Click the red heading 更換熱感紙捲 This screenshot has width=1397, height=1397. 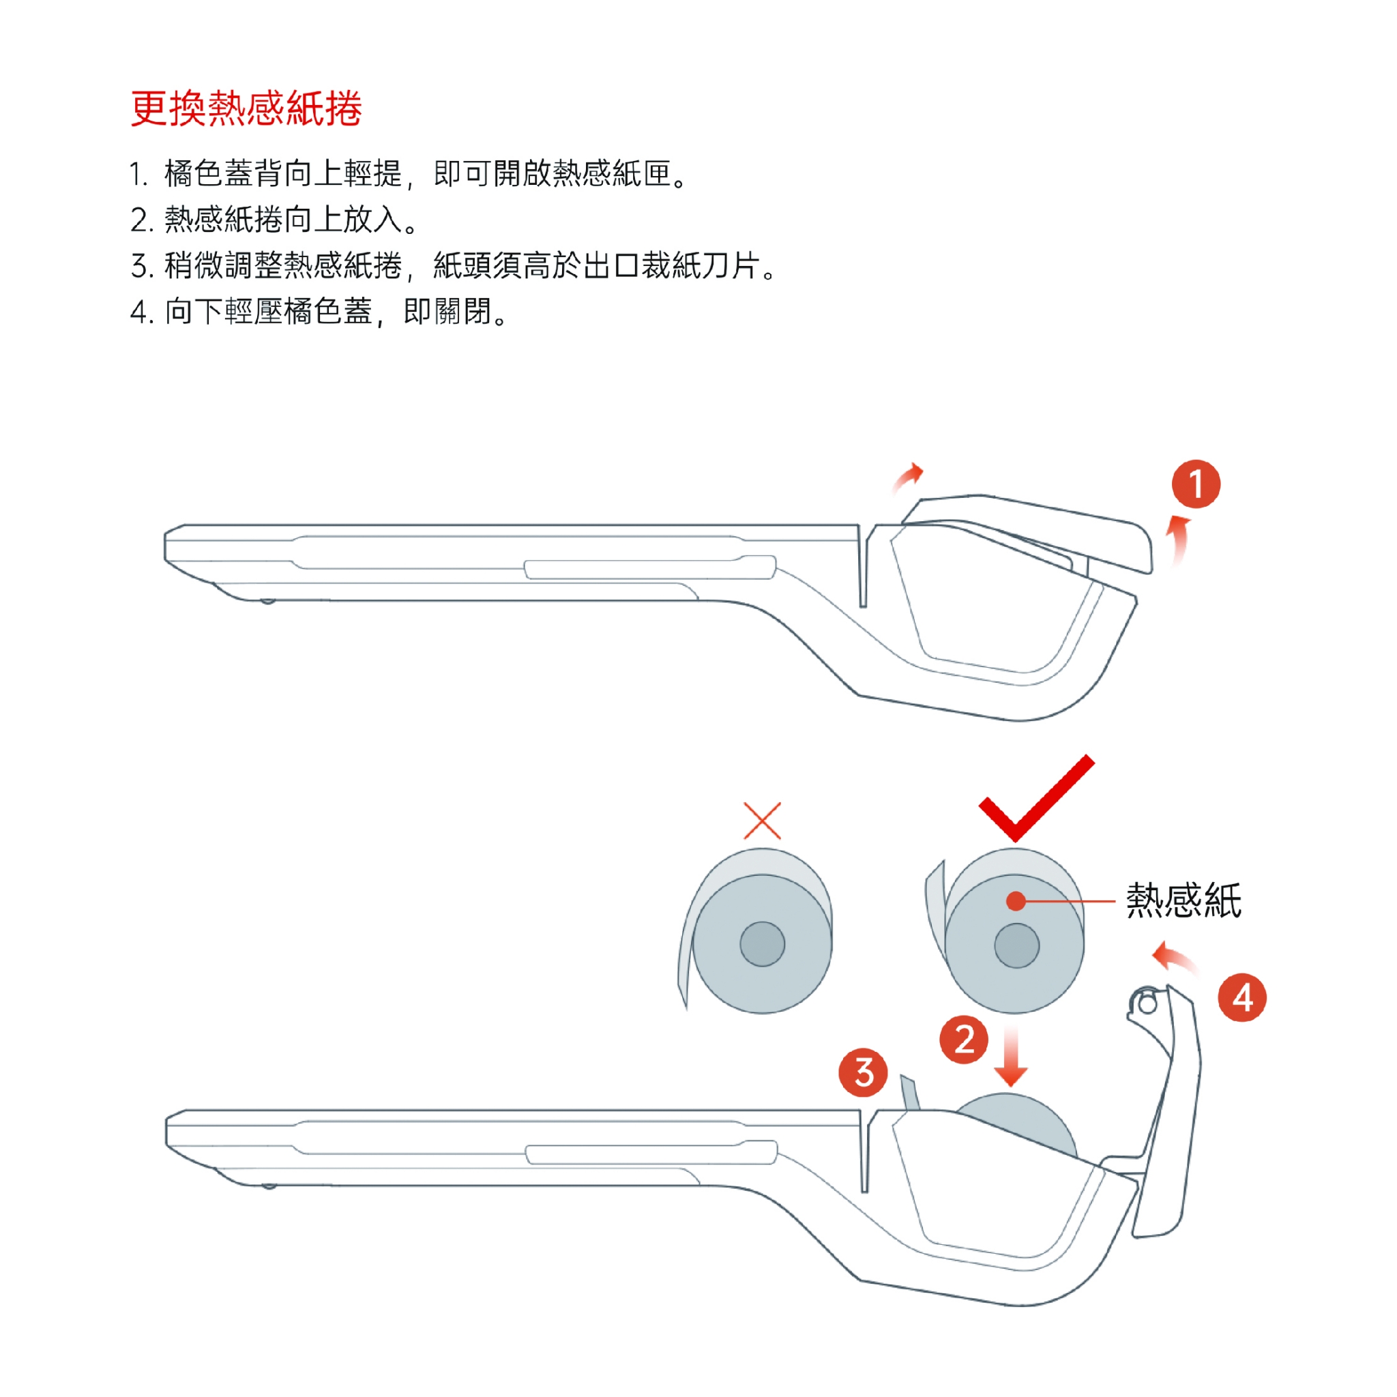(x=246, y=108)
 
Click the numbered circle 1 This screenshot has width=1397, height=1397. (x=1196, y=484)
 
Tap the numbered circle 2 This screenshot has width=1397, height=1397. (x=964, y=1040)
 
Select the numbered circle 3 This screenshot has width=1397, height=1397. (x=864, y=1072)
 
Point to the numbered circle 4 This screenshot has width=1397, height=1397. (x=1242, y=998)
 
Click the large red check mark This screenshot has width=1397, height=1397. (x=1035, y=798)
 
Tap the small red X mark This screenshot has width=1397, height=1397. (x=762, y=820)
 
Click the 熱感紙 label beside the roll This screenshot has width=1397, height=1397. (x=1183, y=901)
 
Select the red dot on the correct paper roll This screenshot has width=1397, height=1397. (x=1016, y=901)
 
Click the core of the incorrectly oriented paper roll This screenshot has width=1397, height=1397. (x=762, y=943)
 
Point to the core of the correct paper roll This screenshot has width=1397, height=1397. (x=1016, y=945)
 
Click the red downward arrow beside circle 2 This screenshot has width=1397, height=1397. (x=1011, y=1055)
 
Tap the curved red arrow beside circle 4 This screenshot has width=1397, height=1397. (x=1175, y=959)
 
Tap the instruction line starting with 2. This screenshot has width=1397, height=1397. (x=274, y=219)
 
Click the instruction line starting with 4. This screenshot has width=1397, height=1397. (x=319, y=312)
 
